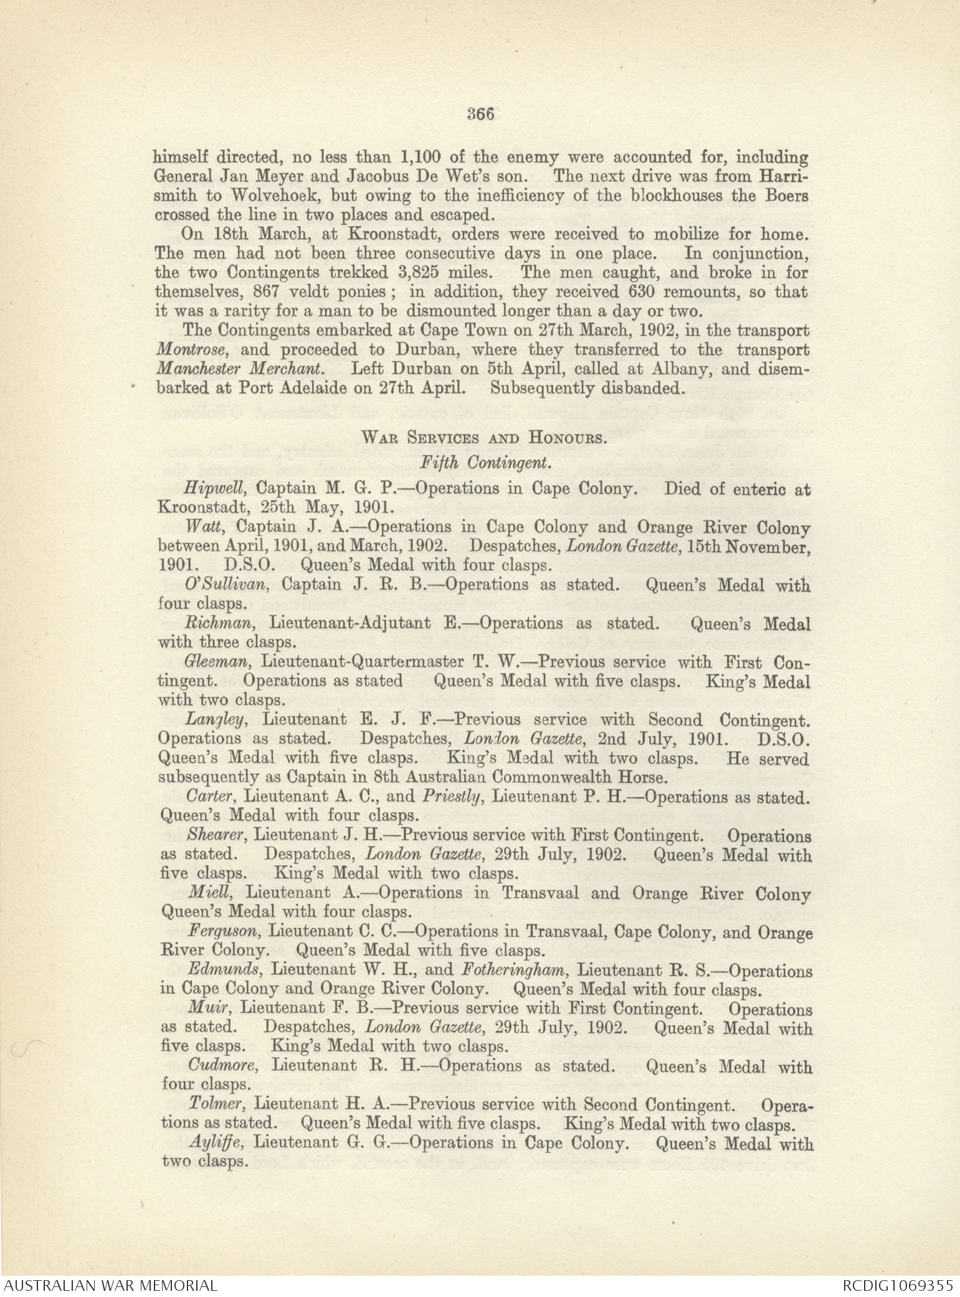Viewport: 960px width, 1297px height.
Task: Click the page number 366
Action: click(x=480, y=113)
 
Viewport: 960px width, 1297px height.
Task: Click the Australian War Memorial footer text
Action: click(x=110, y=1285)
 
